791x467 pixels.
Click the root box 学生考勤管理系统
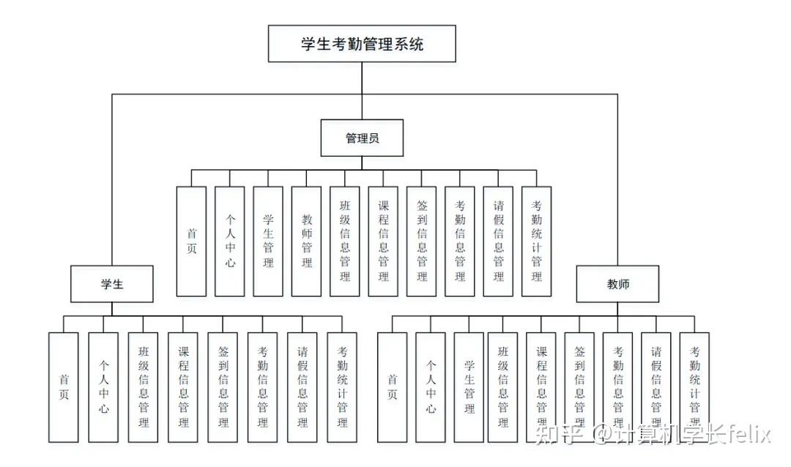(362, 44)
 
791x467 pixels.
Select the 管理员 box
(362, 138)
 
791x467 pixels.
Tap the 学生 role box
(112, 284)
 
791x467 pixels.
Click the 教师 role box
(617, 284)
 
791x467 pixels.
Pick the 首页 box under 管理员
(191, 241)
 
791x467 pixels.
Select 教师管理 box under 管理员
(306, 241)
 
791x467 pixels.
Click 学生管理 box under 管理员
(268, 241)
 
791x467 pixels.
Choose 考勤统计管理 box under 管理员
(536, 241)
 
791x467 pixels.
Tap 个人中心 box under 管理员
(230, 241)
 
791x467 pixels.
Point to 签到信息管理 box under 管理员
(421, 241)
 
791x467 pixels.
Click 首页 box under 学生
(64, 387)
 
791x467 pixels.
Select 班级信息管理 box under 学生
(143, 387)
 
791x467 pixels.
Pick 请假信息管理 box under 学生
(302, 387)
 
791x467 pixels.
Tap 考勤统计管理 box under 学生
(341, 387)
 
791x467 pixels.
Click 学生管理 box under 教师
(469, 387)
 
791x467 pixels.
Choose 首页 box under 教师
(392, 387)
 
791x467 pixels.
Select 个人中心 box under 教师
(431, 387)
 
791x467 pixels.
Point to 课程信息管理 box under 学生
(183, 387)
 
